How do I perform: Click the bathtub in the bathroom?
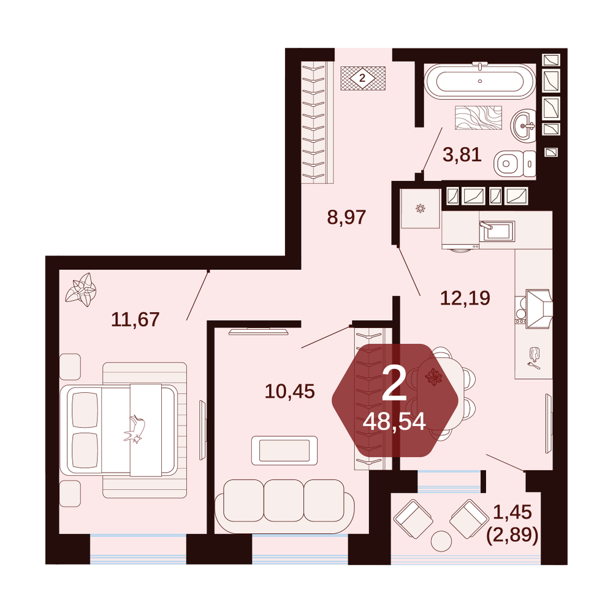[x=480, y=82]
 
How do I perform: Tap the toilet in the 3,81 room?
[x=515, y=164]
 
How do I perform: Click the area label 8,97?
[x=346, y=218]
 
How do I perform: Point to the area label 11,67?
[x=135, y=319]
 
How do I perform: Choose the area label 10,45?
[x=290, y=391]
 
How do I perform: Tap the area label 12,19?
[x=465, y=299]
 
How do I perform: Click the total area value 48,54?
[x=394, y=422]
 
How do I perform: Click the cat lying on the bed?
[x=135, y=429]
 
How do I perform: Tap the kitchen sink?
[x=497, y=231]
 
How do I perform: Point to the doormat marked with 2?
[x=363, y=78]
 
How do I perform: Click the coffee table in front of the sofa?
[x=284, y=451]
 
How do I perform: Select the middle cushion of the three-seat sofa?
[x=284, y=500]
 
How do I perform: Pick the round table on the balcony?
[x=441, y=541]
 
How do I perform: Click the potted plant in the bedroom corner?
[x=81, y=290]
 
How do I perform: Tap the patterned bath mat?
[x=478, y=117]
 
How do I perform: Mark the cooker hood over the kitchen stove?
[x=539, y=309]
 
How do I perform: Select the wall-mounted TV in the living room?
[x=259, y=332]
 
